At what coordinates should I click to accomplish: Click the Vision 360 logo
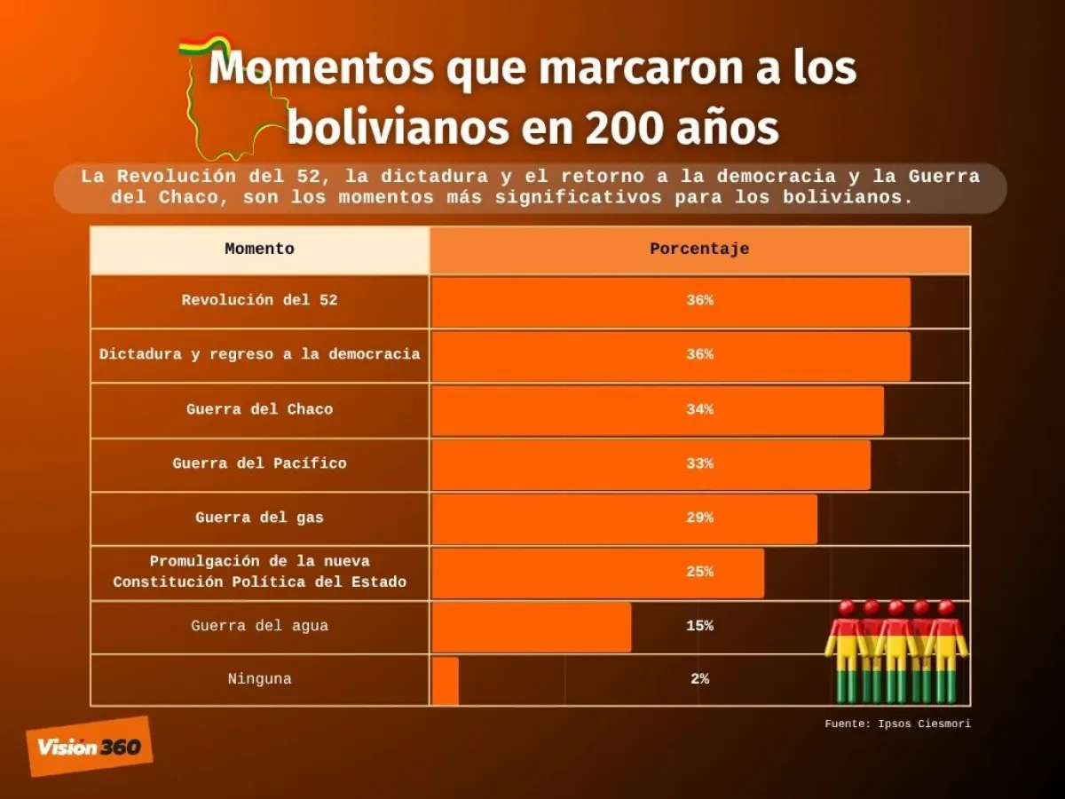coord(89,747)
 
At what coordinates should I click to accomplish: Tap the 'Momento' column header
coord(259,249)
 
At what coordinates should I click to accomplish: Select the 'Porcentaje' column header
coord(699,249)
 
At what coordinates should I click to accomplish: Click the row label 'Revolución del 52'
coord(259,301)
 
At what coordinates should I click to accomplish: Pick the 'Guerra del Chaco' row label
coord(259,409)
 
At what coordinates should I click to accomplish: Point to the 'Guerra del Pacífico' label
coord(259,463)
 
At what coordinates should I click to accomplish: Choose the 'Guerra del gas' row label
coord(259,518)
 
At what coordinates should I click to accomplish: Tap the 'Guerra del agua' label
coord(259,626)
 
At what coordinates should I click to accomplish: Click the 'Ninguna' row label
coord(259,680)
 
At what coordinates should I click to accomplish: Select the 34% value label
coord(699,409)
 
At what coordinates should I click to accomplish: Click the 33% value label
coord(699,463)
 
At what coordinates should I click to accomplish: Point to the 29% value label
coord(699,518)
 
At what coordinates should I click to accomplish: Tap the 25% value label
coord(699,572)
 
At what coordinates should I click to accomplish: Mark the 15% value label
coord(699,626)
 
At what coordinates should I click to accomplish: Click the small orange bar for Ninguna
coord(446,680)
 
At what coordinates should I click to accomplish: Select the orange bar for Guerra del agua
coord(532,626)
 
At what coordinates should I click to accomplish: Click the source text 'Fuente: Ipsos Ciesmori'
coord(897,724)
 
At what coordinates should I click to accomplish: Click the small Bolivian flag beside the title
coord(204,45)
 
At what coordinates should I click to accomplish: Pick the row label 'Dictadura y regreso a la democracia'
coord(259,354)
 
